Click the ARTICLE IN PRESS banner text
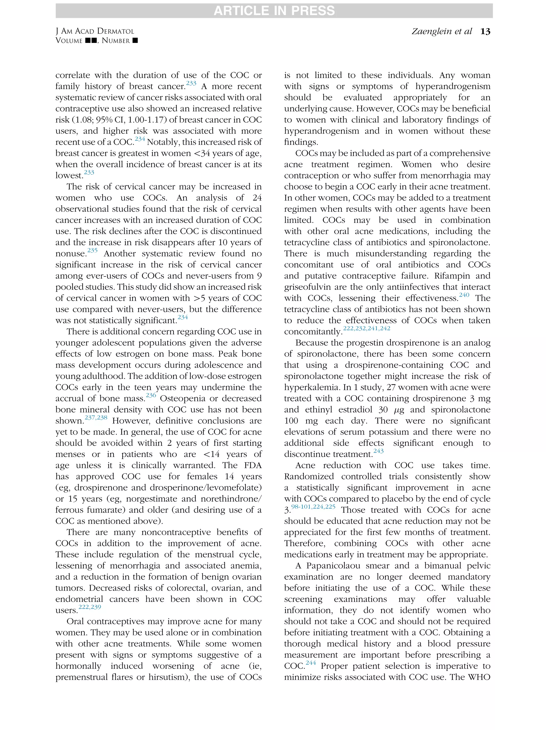coord(274,11)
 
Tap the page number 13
coord(485,31)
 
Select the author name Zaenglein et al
coord(441,31)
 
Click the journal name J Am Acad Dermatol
coord(95,31)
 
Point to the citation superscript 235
coord(93,251)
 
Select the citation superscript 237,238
coord(96,418)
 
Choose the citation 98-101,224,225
coord(313,507)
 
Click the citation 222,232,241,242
coord(367,329)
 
